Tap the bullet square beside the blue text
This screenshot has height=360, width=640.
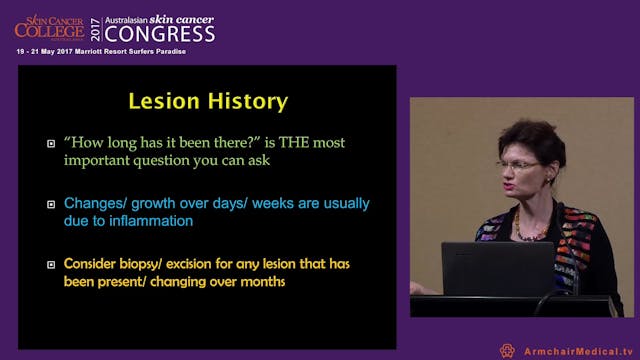coord(50,205)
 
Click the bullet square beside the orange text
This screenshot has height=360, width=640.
coord(50,265)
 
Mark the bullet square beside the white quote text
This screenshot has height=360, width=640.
coord(50,144)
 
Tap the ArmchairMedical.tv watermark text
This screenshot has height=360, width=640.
coord(579,350)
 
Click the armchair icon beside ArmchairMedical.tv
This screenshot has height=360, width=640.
coord(507,350)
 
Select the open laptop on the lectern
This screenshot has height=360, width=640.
coord(497,268)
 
